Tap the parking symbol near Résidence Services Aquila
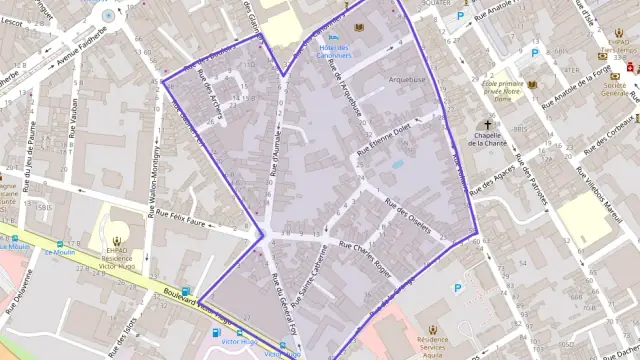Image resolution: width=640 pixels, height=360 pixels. (x=458, y=289)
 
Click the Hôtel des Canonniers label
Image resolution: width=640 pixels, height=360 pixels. (x=333, y=50)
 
